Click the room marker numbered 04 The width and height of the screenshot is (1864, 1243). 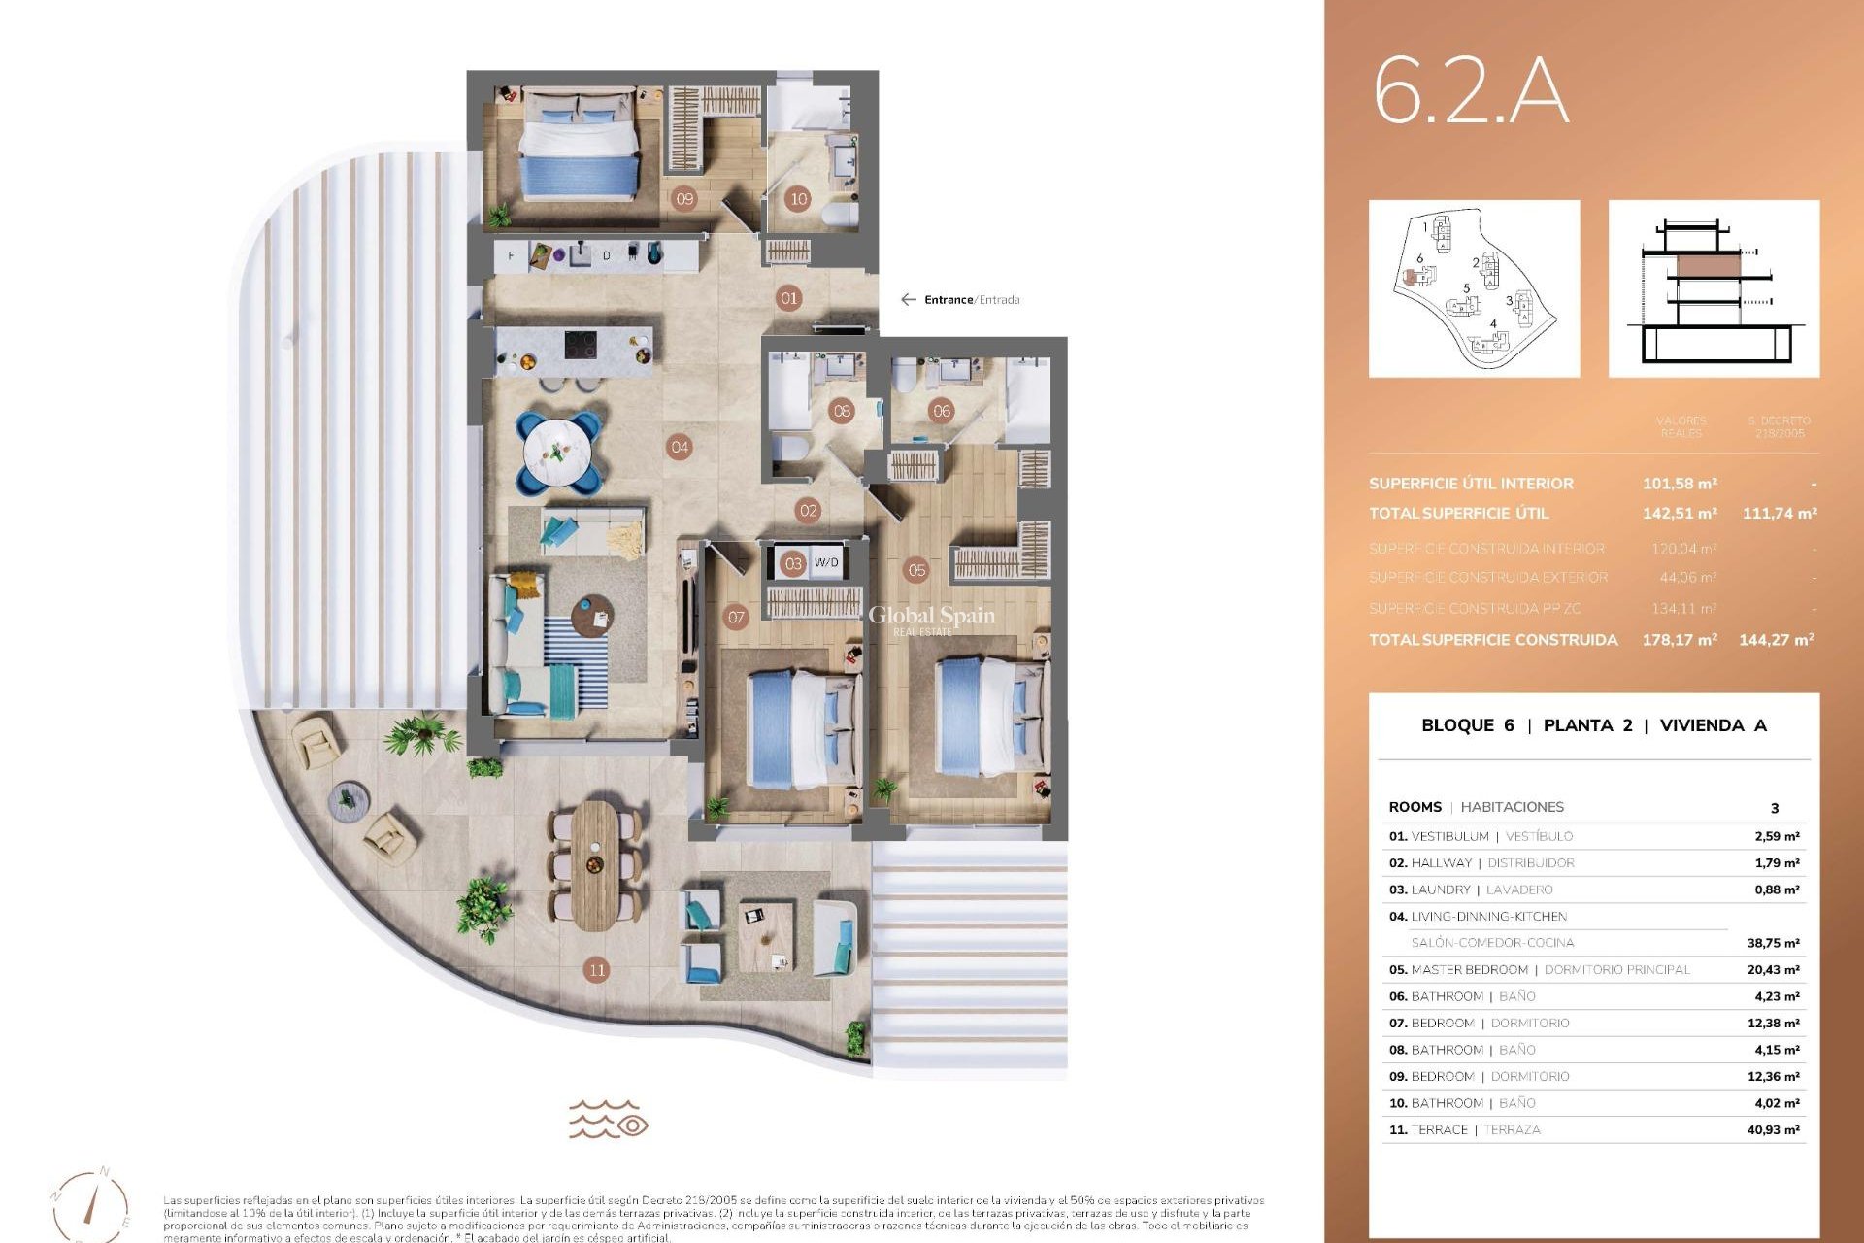coord(680,448)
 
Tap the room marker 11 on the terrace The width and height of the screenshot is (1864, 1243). coord(597,969)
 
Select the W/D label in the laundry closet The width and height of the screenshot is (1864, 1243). coord(826,563)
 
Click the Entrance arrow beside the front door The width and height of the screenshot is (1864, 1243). coord(909,300)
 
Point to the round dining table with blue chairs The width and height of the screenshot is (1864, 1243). coord(558,452)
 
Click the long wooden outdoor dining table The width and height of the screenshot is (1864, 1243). coord(593,866)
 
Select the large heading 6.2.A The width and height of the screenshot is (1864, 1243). coord(1470,93)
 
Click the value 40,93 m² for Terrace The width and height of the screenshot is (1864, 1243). coord(1773,1130)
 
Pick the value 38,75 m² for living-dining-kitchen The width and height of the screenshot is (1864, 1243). coord(1773,943)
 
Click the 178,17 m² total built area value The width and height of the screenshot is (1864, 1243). coord(1680,640)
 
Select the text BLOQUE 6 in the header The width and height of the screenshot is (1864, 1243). coord(1467,725)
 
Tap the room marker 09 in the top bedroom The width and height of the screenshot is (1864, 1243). coord(685,199)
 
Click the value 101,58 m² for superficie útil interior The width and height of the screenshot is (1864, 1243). coord(1680,484)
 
